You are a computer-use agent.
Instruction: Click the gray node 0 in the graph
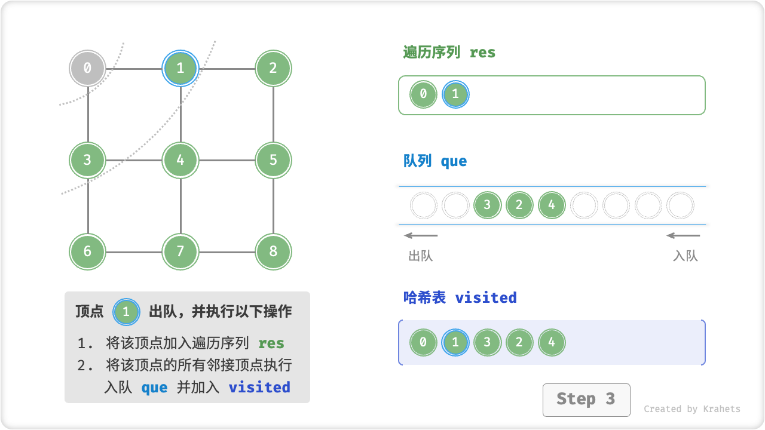[87, 68]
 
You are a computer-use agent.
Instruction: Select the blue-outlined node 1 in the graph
[180, 68]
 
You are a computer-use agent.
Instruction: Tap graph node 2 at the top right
[273, 68]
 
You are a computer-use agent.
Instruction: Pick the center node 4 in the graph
[180, 160]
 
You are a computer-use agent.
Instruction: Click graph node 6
[87, 251]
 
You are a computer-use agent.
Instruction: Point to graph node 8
[273, 251]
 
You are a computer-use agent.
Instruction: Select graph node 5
[273, 160]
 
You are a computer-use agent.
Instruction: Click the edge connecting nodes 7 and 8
[227, 252]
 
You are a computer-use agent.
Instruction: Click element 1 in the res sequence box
[455, 94]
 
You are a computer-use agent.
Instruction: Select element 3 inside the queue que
[487, 205]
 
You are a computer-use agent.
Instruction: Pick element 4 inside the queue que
[551, 205]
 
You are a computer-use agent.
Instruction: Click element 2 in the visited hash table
[519, 343]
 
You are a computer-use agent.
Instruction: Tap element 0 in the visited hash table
[423, 343]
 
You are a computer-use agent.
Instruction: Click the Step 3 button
[586, 400]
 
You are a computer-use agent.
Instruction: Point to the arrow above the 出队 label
[421, 235]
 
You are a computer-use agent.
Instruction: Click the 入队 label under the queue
[685, 256]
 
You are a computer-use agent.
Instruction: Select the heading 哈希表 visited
[460, 297]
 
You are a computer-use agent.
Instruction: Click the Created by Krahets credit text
[691, 409]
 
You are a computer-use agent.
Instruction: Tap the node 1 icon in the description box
[126, 312]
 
